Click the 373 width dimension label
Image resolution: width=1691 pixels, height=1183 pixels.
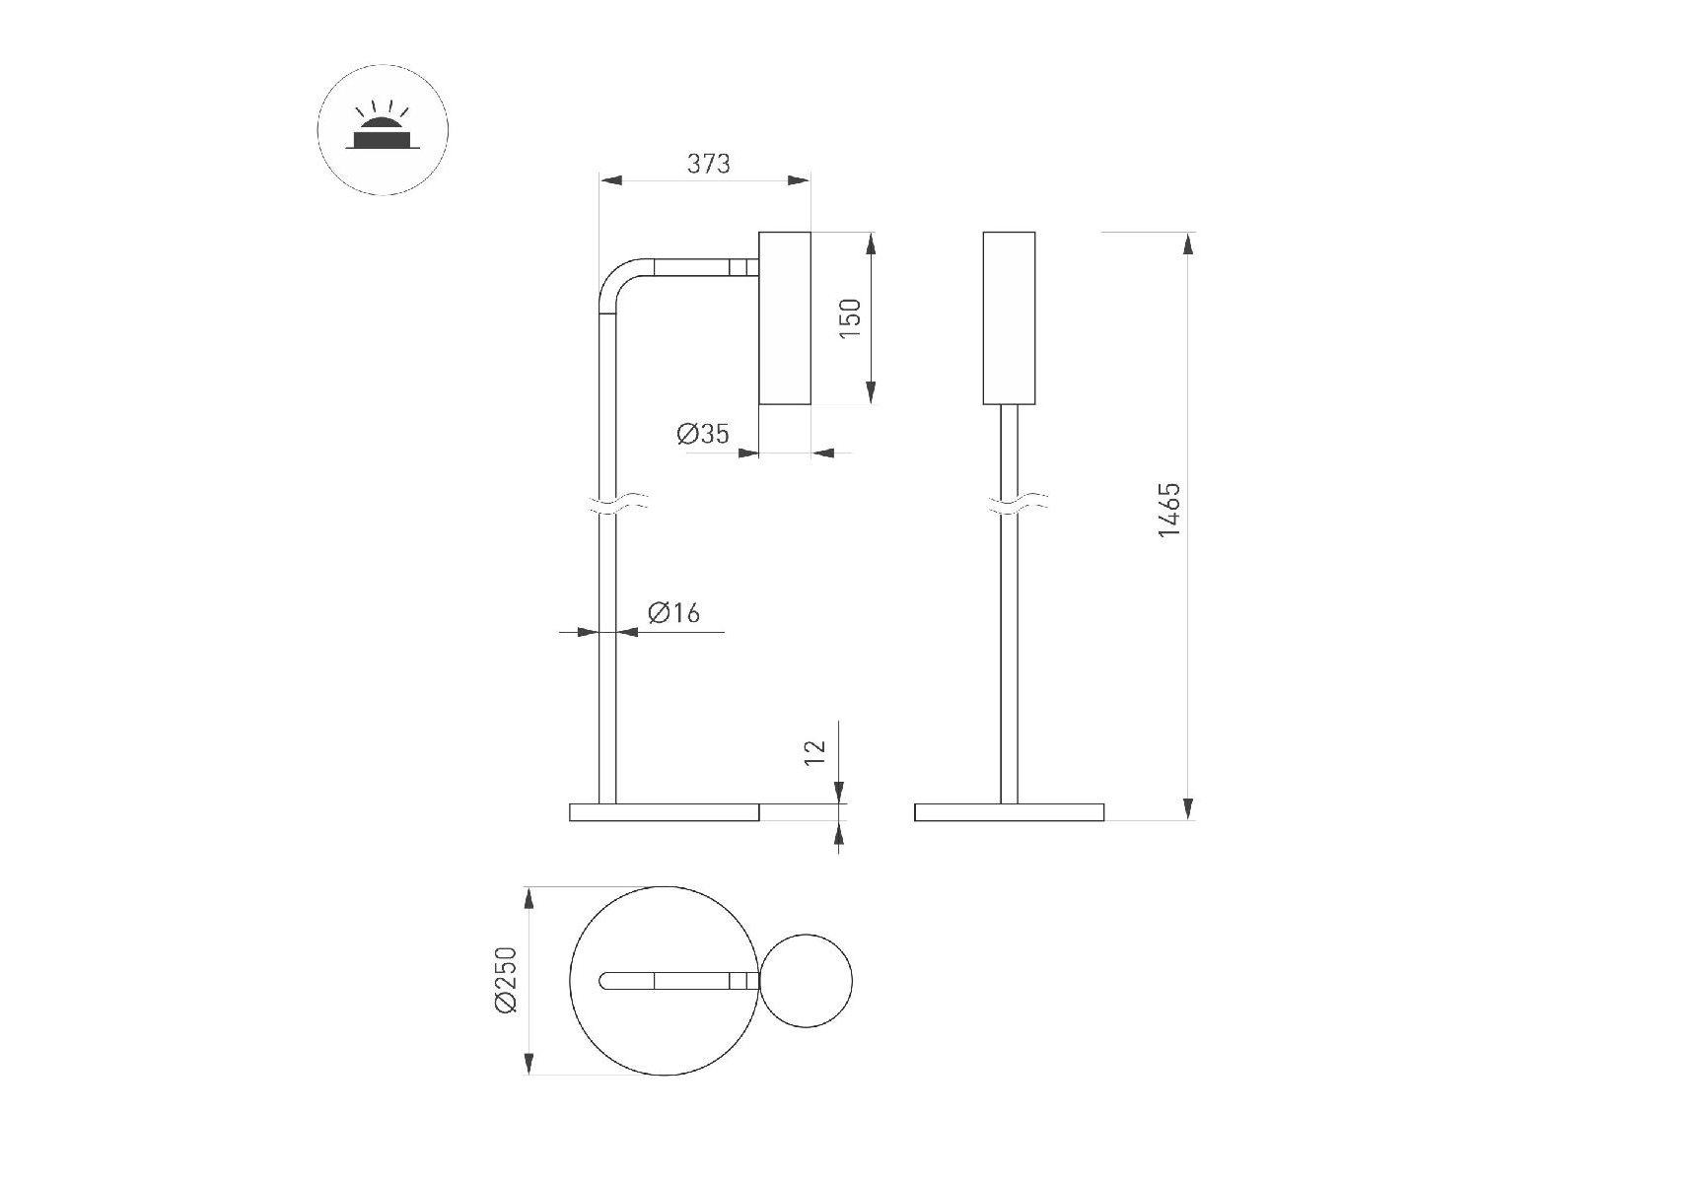[708, 163]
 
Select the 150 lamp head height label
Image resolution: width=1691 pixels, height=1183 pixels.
[850, 318]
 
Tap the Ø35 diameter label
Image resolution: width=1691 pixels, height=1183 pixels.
[703, 433]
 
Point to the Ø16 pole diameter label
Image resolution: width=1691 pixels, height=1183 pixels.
[673, 613]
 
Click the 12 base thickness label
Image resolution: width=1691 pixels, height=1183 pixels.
[815, 752]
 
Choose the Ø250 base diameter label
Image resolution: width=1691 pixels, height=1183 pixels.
[506, 980]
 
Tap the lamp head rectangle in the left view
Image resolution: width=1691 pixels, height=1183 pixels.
[785, 317]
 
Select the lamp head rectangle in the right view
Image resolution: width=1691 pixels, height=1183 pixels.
[1009, 317]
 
